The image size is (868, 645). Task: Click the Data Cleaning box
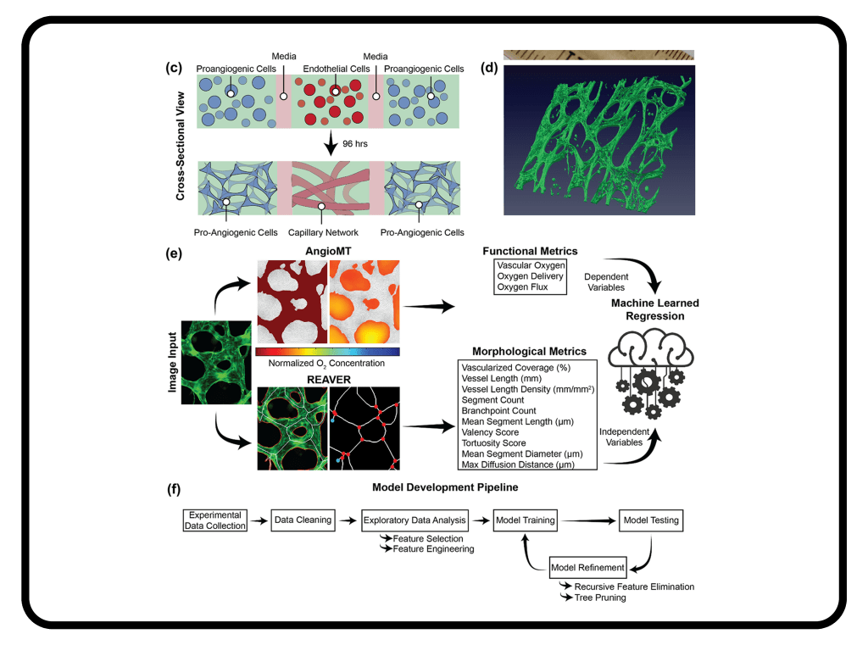click(x=303, y=520)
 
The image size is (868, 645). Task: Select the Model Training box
click(x=525, y=520)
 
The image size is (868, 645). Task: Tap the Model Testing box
click(x=651, y=520)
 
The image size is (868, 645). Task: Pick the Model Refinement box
click(x=588, y=567)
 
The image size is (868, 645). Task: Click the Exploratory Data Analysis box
click(x=415, y=520)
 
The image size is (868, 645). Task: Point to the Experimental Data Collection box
click(x=215, y=520)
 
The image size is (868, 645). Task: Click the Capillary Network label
click(x=323, y=232)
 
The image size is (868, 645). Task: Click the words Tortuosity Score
click(x=493, y=442)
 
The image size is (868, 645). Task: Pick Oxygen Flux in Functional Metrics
click(x=522, y=286)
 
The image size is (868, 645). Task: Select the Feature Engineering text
click(x=433, y=549)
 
